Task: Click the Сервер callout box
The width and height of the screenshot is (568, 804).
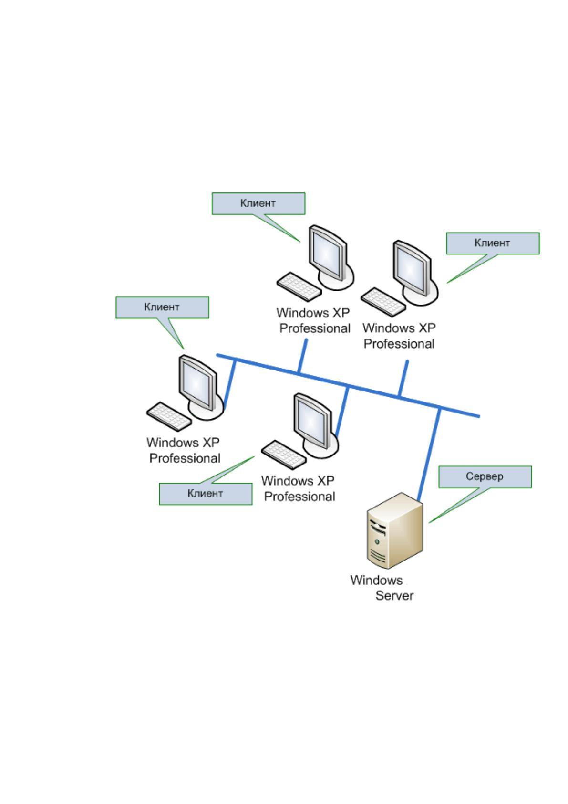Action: [x=485, y=476]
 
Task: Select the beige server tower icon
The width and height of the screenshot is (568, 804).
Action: [x=395, y=530]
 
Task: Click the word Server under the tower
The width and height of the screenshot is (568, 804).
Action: [x=394, y=596]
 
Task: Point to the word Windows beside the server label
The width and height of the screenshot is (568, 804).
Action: [x=376, y=580]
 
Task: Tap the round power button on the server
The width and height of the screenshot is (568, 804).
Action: [x=376, y=541]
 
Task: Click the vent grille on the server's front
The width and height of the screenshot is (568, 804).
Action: [x=378, y=556]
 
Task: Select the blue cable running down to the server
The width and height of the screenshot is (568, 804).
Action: [x=429, y=455]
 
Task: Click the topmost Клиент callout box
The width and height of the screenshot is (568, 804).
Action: [x=258, y=203]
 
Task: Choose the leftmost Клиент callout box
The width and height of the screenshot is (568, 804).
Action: [x=162, y=307]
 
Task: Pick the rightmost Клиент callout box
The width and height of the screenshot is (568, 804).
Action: [x=493, y=243]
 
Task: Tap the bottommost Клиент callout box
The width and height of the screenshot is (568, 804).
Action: [x=206, y=494]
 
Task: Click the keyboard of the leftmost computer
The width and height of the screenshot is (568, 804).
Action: [x=168, y=416]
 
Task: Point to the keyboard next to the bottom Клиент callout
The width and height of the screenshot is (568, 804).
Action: [x=283, y=455]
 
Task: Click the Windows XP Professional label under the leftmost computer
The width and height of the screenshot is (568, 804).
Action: [x=183, y=450]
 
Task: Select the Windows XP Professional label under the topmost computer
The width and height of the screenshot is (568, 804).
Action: [x=313, y=320]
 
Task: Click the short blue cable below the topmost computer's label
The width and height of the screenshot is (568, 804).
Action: [x=302, y=356]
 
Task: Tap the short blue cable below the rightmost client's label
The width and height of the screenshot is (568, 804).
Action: [x=403, y=379]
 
